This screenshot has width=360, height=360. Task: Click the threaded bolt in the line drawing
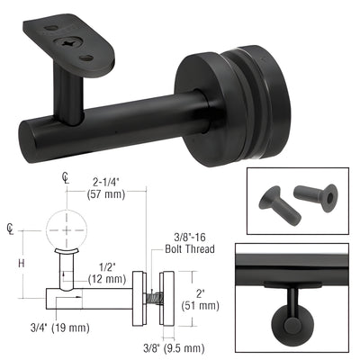[x=154, y=294]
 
